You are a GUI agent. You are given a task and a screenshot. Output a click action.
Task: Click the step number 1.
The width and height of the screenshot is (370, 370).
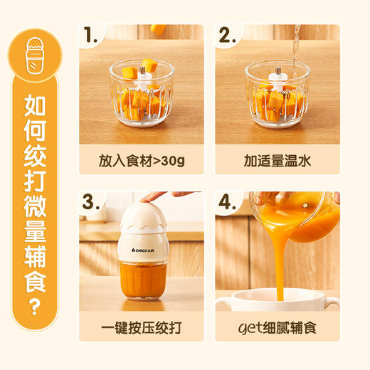[91, 36]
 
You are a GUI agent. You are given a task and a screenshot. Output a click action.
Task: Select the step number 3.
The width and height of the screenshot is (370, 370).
[91, 202]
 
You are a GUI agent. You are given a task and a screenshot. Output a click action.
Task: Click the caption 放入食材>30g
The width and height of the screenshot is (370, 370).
[142, 160]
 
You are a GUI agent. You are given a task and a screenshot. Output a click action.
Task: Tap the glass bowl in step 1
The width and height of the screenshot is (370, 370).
[141, 96]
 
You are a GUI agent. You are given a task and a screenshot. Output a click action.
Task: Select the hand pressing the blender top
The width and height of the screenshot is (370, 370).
[160, 195]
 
